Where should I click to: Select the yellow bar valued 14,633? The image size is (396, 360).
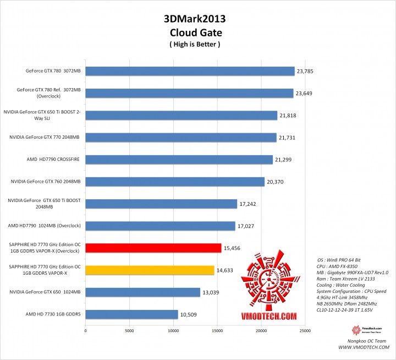click(x=150, y=270)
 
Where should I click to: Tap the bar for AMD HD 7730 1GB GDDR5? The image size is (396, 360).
click(x=131, y=314)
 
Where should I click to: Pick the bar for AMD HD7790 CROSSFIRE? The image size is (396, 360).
click(x=179, y=160)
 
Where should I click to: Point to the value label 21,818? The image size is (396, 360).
click(x=288, y=115)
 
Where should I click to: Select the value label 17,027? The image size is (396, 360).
click(x=246, y=226)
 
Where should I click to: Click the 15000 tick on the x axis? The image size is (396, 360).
click(x=217, y=331)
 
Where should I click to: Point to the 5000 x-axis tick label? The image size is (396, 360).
click(x=129, y=331)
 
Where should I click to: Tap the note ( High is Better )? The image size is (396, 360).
click(x=195, y=44)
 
